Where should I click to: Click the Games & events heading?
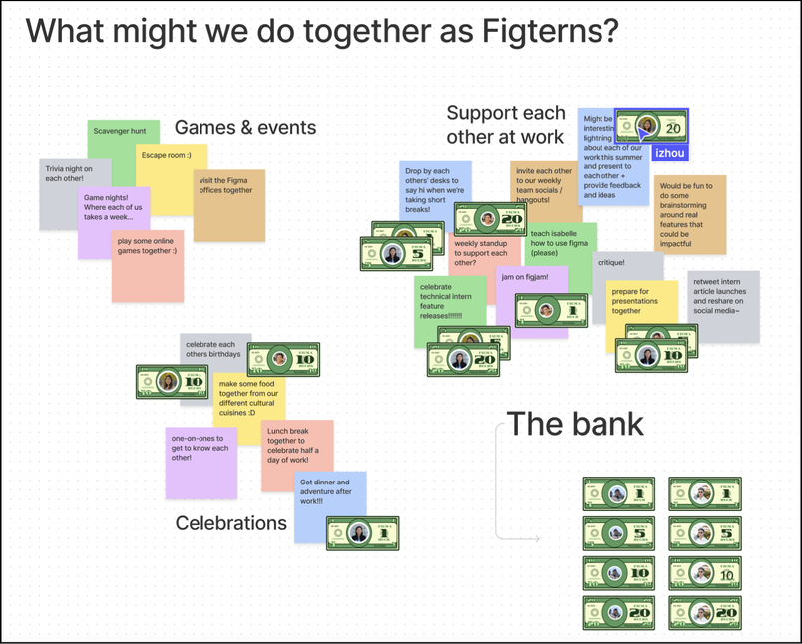click(x=245, y=127)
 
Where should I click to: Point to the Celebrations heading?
click(x=231, y=523)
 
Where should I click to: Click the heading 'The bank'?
click(x=576, y=424)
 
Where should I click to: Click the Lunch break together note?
click(x=297, y=454)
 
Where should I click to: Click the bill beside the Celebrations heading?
click(x=362, y=533)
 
